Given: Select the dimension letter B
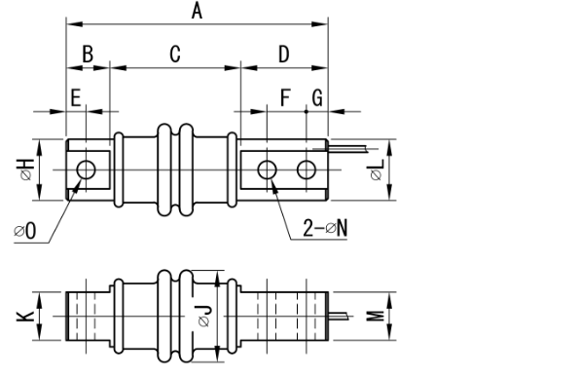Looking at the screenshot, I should click(88, 54).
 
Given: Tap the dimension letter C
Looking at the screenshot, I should click(174, 54).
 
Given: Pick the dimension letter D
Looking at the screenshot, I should click(283, 54).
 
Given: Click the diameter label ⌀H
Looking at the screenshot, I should click(26, 170).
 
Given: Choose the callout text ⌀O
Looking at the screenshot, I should click(25, 231).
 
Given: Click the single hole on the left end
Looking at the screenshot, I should click(87, 170).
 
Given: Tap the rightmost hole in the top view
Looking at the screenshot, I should click(307, 170).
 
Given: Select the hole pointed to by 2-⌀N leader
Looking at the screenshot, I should click(267, 170).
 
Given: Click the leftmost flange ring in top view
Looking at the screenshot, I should click(119, 170).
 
